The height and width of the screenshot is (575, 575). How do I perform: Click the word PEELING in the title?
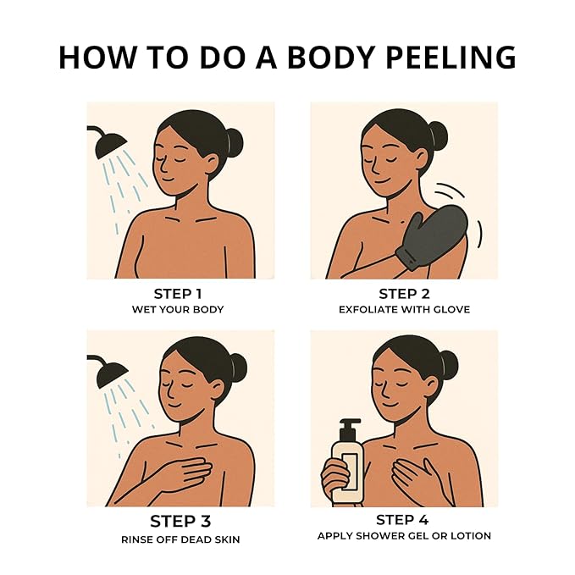451,58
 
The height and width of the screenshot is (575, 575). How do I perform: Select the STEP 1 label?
178,294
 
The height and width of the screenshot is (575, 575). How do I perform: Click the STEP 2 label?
404,294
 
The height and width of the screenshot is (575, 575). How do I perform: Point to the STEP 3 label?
180,521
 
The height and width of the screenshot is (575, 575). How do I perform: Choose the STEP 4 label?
402,520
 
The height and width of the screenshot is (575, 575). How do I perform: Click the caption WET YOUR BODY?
178,309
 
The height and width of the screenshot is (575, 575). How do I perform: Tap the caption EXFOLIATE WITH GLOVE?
404,309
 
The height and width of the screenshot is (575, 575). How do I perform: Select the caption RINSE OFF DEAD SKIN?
180,539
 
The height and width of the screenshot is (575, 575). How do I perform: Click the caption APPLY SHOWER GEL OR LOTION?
404,536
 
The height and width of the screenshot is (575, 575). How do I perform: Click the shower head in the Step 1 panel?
109,144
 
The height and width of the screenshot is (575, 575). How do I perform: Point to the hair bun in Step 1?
235,143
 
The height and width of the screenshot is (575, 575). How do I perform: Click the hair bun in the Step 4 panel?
449,365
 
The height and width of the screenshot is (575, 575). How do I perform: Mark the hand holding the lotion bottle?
334,477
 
